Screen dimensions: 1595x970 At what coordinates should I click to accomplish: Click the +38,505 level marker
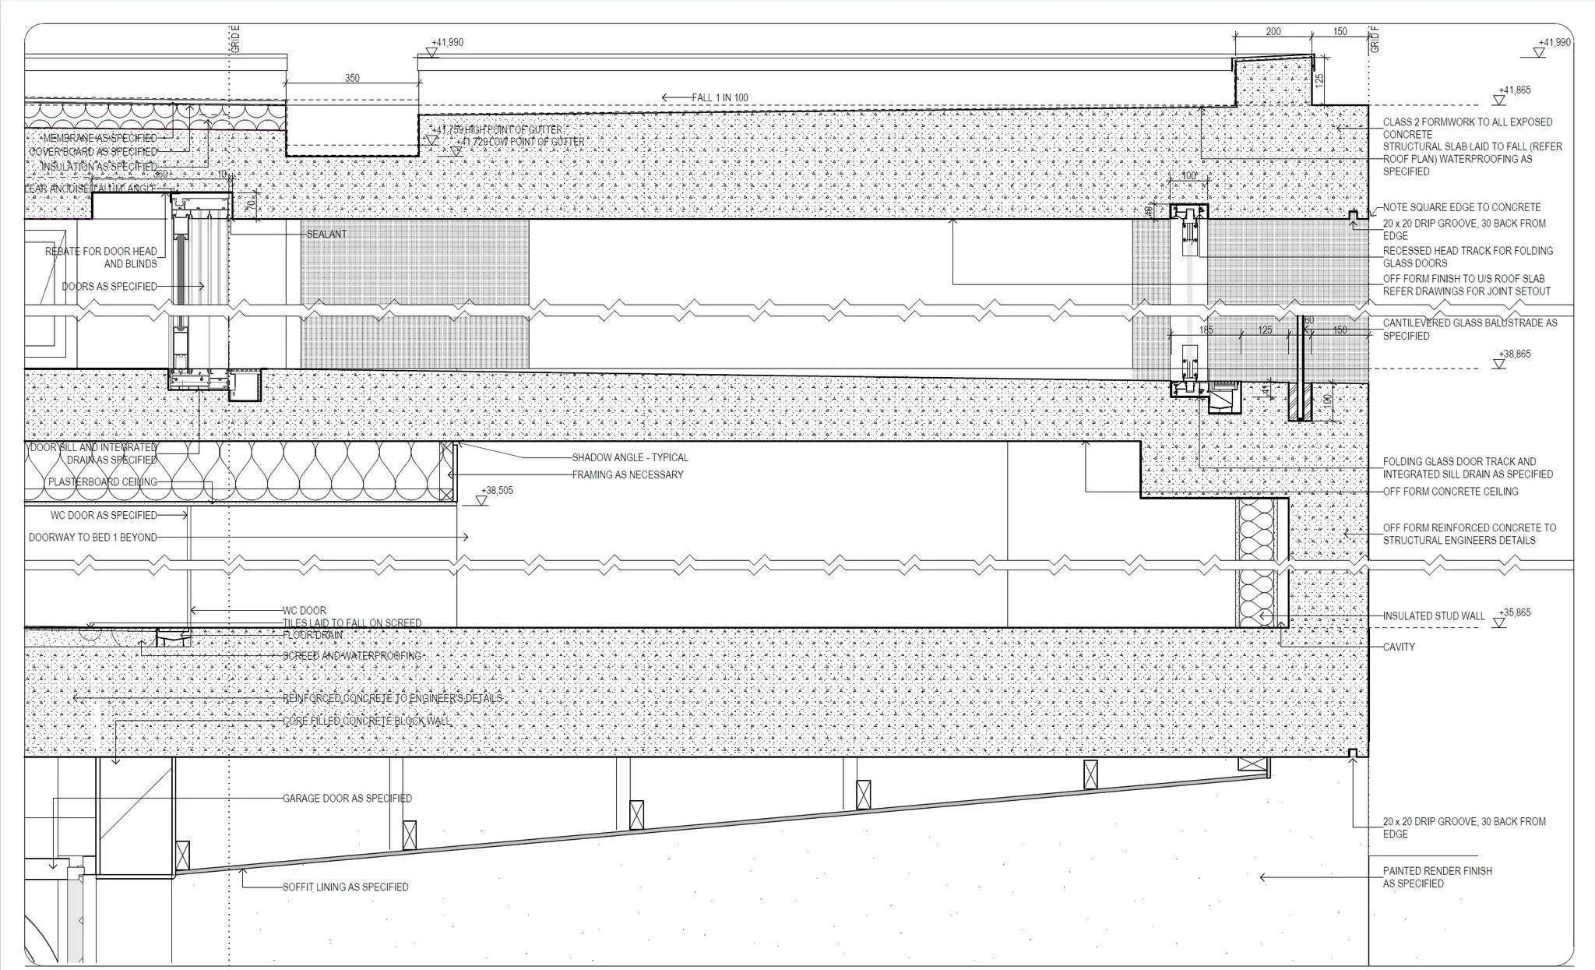point(497,491)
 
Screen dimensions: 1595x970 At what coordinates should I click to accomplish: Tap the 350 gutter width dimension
point(352,78)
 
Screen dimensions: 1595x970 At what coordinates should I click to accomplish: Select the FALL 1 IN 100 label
point(720,97)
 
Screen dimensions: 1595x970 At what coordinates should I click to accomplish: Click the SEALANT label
point(326,234)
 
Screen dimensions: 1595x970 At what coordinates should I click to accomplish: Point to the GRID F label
point(1375,39)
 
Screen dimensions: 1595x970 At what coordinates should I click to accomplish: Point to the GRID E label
point(235,39)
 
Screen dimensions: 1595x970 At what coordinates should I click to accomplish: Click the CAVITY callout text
point(1399,647)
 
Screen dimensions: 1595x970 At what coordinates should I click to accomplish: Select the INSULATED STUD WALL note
point(1434,616)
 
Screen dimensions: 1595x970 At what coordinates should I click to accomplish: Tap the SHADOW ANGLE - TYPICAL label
point(630,457)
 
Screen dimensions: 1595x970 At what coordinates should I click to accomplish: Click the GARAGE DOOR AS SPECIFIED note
point(347,798)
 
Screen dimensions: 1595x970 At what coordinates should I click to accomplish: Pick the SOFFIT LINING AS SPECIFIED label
point(345,887)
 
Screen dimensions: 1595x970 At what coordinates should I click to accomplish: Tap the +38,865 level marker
point(1514,354)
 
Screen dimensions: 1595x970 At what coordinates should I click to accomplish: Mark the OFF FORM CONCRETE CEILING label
point(1450,491)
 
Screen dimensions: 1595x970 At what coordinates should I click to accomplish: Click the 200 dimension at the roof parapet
point(1273,32)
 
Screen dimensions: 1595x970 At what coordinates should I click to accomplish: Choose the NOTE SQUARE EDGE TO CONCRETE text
point(1461,207)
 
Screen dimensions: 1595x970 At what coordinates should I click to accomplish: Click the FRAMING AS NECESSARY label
point(628,474)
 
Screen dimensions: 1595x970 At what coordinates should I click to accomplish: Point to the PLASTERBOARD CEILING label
point(102,481)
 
